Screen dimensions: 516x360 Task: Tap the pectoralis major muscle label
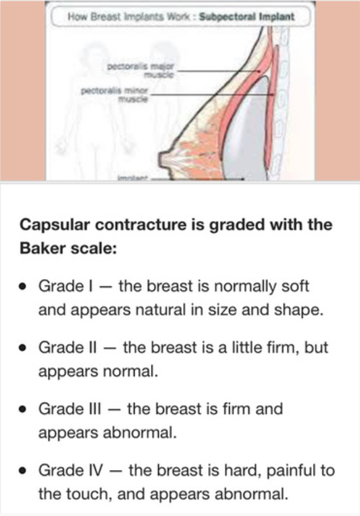pyautogui.click(x=142, y=66)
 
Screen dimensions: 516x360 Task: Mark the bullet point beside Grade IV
pyautogui.click(x=22, y=471)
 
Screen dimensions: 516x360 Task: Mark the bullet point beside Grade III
pyautogui.click(x=22, y=409)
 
